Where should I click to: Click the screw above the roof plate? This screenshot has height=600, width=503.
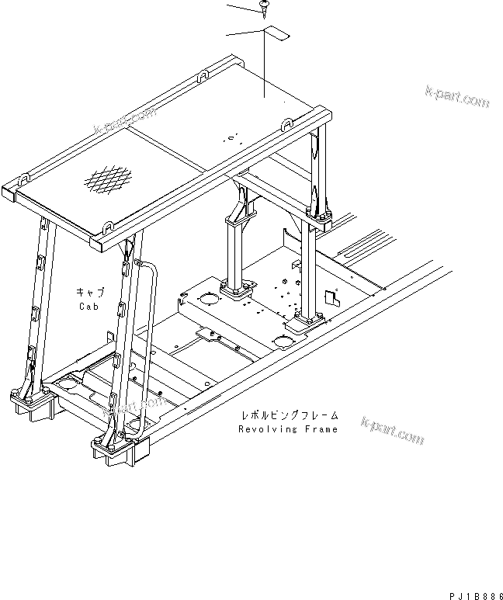263,8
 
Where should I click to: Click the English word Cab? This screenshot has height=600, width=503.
88,306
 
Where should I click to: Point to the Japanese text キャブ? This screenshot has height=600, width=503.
89,292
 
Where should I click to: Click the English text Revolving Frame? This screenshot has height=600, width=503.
288,429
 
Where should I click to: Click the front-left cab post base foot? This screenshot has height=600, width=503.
31,404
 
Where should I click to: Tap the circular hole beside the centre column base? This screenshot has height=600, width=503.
208,298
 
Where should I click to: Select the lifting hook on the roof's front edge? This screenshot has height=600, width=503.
107,226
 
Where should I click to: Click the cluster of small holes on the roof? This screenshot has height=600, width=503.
229,138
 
